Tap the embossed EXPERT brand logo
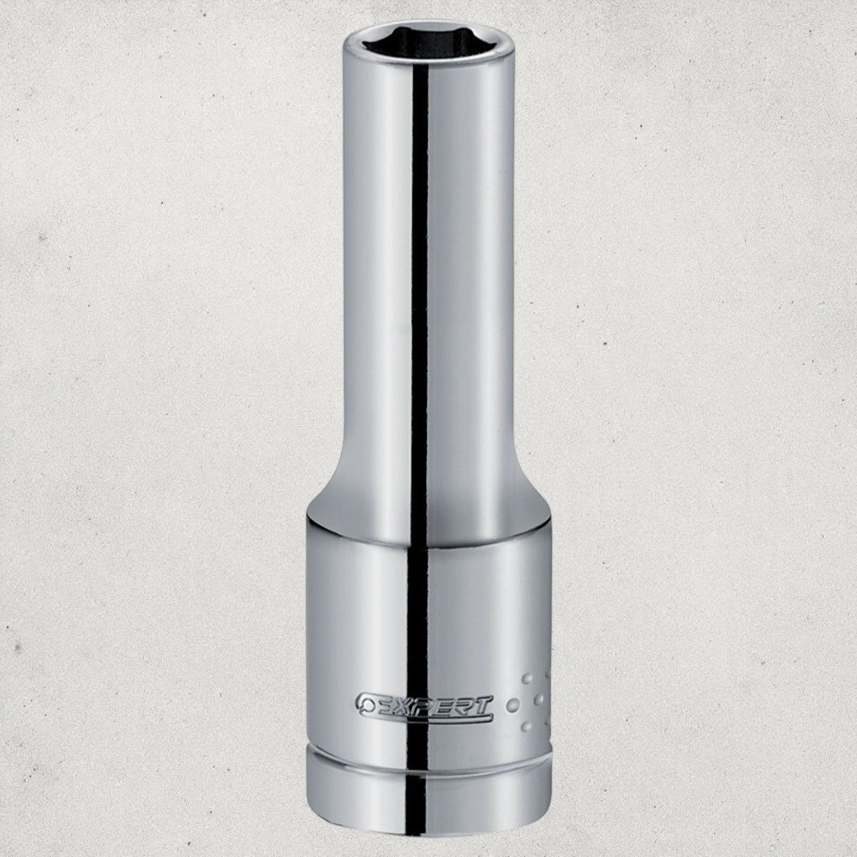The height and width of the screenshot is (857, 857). pyautogui.click(x=425, y=704)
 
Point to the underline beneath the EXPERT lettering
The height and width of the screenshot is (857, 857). pyautogui.click(x=432, y=715)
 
